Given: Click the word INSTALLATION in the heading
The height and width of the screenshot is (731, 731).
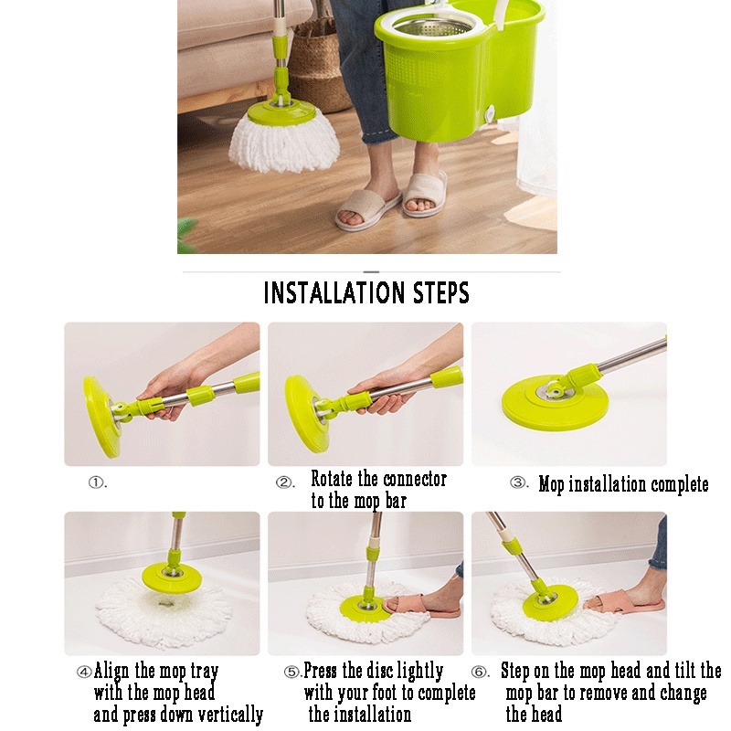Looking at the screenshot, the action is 334,292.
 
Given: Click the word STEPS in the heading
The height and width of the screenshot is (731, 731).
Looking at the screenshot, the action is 441,292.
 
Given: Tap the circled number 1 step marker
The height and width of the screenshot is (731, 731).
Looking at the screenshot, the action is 96,482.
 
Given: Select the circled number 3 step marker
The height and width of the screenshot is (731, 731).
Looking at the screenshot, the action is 517,482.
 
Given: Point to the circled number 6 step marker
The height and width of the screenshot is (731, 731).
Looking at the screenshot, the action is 479,672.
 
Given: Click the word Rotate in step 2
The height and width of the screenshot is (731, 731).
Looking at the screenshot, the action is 332,479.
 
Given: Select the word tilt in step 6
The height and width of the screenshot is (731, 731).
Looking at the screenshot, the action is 683,671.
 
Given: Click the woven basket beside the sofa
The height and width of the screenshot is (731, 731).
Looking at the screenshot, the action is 321,70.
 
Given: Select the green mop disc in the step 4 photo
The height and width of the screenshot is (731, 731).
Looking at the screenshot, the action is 172,577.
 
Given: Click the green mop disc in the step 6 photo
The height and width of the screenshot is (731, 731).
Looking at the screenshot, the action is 550,604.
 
